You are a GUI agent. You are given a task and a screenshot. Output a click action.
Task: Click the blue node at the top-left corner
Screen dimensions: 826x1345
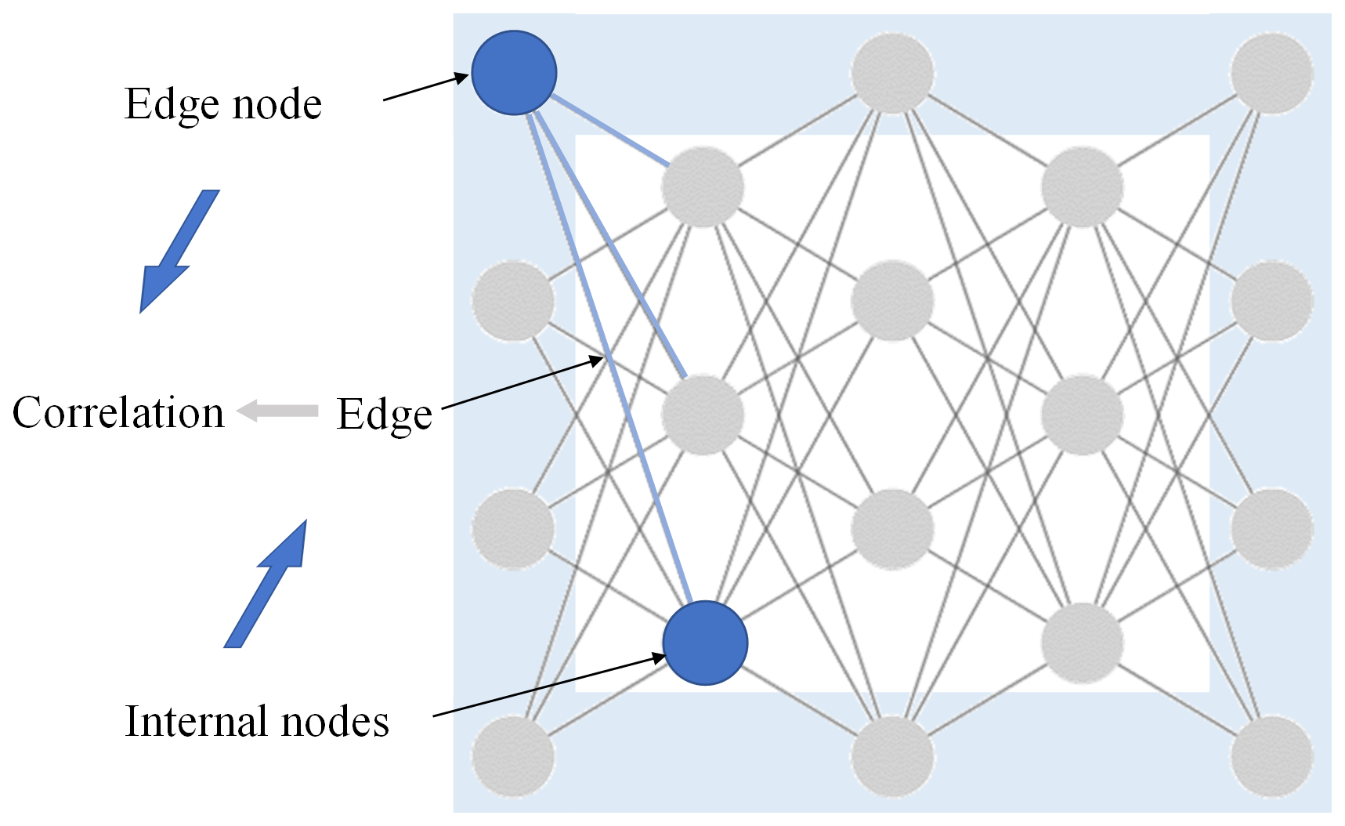[x=514, y=72]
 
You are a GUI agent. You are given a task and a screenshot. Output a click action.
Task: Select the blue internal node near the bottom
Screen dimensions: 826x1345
[x=705, y=643]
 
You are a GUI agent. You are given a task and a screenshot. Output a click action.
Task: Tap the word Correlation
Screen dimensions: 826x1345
[x=118, y=412]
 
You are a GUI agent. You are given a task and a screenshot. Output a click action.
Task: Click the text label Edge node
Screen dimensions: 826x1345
[x=223, y=103]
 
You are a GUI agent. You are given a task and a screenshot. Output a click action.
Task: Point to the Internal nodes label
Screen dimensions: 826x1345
[x=257, y=721]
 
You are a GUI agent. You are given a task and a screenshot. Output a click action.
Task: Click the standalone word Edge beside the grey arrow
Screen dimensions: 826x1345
[x=384, y=414]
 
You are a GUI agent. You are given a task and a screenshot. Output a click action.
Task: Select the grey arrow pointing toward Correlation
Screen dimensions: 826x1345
[x=278, y=410]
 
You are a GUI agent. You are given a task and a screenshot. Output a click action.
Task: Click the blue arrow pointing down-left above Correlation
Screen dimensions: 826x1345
[x=179, y=251]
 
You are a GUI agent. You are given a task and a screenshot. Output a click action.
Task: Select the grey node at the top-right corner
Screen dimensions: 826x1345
[x=1271, y=73]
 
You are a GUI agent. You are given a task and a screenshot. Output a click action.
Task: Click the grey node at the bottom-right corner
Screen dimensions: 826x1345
[x=1271, y=756]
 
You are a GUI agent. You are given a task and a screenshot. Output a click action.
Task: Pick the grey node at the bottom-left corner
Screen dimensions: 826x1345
[x=513, y=756]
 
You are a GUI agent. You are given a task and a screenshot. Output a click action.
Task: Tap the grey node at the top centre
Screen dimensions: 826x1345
[x=892, y=73]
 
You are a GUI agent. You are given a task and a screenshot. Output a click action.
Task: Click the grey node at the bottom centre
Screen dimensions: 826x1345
[x=892, y=756]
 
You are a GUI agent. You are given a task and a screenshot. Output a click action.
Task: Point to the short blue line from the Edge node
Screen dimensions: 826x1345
[x=611, y=131]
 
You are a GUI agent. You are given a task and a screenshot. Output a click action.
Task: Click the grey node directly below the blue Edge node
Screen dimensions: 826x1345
[x=513, y=301]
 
